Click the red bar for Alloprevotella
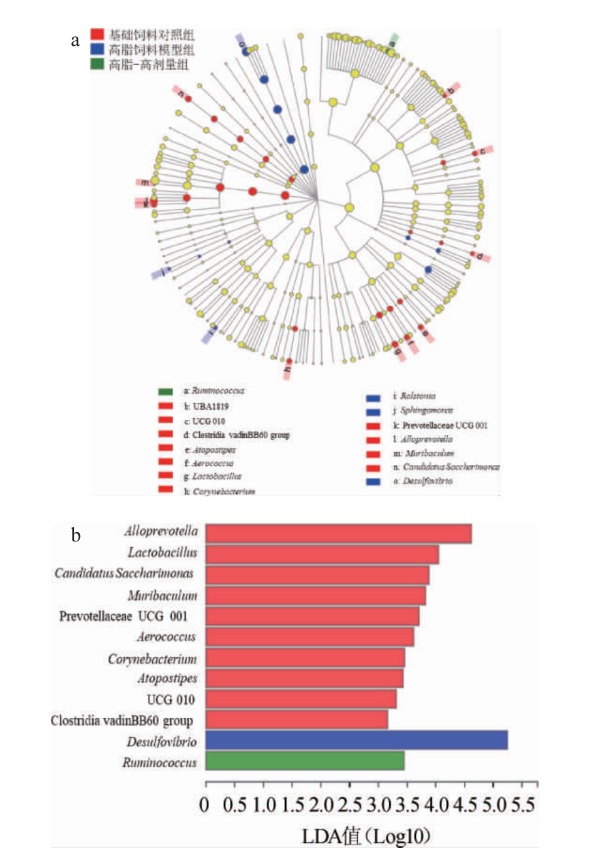pyautogui.click(x=338, y=534)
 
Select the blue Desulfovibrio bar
pyautogui.click(x=356, y=740)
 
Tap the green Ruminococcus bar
pyautogui.click(x=305, y=761)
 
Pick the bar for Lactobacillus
pyautogui.click(x=322, y=555)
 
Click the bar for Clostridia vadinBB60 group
pyautogui.click(x=296, y=719)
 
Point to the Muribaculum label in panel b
pyautogui.click(x=162, y=595)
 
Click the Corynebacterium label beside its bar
pyautogui.click(x=152, y=659)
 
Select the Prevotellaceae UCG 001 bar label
pyautogui.click(x=123, y=617)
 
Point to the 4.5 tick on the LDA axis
pyautogui.click(x=465, y=805)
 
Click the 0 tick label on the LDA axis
pyautogui.click(x=204, y=805)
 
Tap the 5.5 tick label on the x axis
pyautogui.click(x=523, y=805)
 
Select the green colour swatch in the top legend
pyautogui.click(x=97, y=64)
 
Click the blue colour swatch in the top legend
pyautogui.click(x=97, y=49)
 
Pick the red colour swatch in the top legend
pyautogui.click(x=97, y=34)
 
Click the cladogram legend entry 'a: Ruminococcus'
pyautogui.click(x=214, y=391)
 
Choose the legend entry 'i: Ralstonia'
pyautogui.click(x=414, y=396)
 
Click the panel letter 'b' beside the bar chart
pyautogui.click(x=76, y=535)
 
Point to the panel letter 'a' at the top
pyautogui.click(x=75, y=41)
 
